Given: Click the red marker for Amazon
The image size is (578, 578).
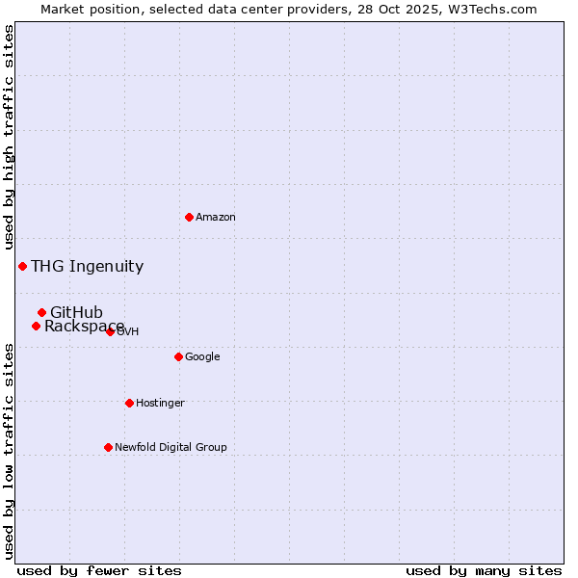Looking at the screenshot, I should (189, 217).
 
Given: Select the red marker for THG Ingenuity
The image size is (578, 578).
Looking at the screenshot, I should (22, 266).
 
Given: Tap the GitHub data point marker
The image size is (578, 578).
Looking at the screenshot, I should (41, 312).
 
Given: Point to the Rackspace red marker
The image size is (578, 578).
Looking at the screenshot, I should (36, 326).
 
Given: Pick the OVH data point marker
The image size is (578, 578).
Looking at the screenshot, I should (110, 331).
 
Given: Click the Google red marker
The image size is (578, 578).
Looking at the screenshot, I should (178, 356).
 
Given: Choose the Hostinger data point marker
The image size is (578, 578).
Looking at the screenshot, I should (129, 403).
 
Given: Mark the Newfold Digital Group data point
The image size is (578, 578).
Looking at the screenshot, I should (108, 447).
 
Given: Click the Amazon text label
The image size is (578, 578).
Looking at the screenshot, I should (216, 218).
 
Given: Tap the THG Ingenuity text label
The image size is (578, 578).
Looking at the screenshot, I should (87, 267).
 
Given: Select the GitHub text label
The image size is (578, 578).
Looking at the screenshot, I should (76, 312).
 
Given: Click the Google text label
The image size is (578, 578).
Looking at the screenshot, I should (202, 357).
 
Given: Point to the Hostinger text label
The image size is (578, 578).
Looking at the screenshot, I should (160, 404).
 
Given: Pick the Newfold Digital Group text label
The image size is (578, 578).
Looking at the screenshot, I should (171, 448).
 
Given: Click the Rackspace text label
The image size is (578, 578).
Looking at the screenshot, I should (84, 327).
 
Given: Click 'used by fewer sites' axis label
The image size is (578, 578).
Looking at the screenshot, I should (99, 570).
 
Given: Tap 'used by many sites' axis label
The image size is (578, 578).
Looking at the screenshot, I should (484, 570).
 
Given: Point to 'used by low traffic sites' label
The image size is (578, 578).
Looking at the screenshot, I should (10, 451).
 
